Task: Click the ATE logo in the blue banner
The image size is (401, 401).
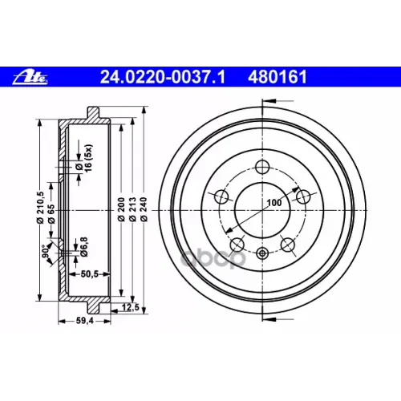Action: tap(30, 78)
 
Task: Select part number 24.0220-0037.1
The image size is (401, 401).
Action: tap(163, 77)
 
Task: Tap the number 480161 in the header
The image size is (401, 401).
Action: tap(277, 77)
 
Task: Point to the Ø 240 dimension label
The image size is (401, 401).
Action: tap(144, 209)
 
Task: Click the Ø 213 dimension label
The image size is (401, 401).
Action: tap(132, 209)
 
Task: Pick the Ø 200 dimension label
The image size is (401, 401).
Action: tap(121, 209)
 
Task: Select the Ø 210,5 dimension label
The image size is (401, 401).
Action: tap(40, 207)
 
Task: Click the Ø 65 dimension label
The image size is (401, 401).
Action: tap(51, 214)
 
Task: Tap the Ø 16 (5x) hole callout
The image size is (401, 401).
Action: tap(83, 158)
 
